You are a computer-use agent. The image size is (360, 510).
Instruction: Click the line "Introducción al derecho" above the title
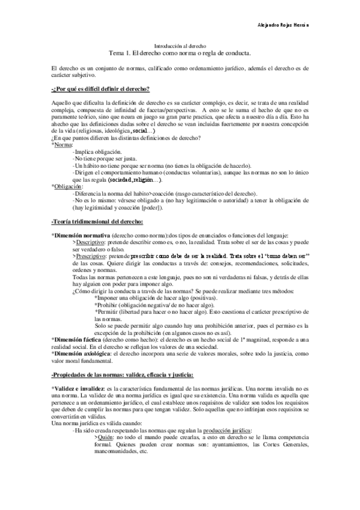tap(181, 46)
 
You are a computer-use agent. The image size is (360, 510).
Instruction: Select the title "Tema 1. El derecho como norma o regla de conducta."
tap(180, 53)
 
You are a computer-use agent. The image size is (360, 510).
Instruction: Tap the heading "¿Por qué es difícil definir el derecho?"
tap(101, 89)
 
